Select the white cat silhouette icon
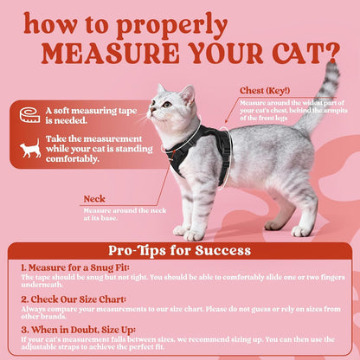30,149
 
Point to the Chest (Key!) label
267,90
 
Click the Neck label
95,198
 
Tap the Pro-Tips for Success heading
180,251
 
